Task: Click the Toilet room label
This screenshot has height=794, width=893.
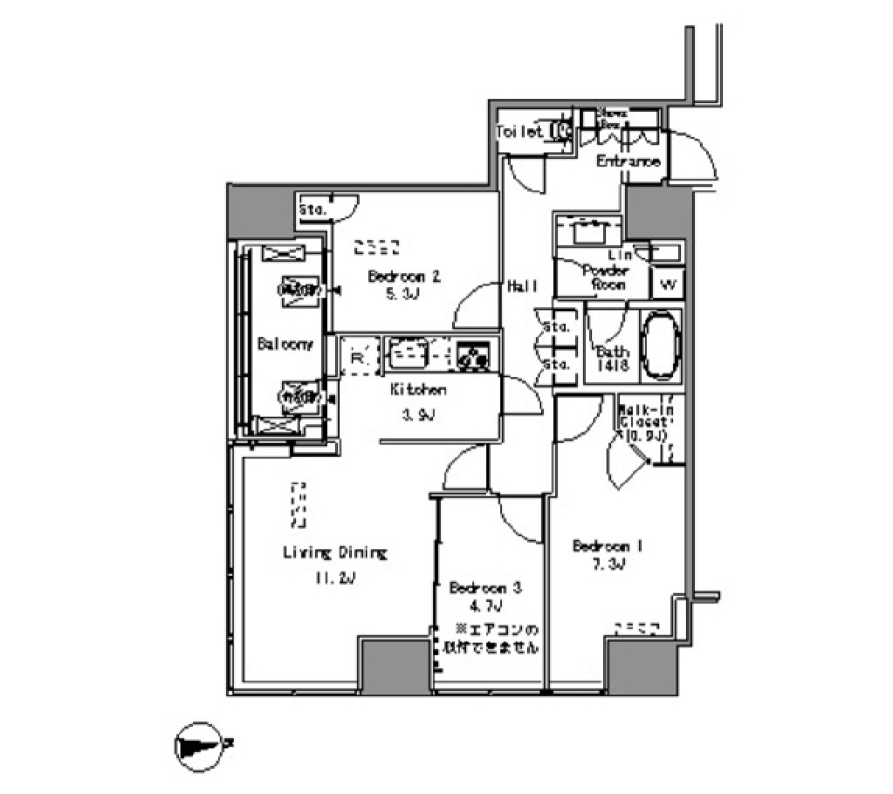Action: point(519,132)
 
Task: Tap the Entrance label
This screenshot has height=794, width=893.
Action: point(628,162)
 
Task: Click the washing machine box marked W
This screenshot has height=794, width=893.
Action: point(667,283)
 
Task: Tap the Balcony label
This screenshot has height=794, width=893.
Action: point(284,343)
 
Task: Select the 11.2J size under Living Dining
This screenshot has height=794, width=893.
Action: point(334,578)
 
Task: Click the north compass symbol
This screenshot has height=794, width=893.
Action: point(198,744)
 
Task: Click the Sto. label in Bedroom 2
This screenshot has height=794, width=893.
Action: point(312,211)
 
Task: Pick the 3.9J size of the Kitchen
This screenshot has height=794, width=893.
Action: point(417,415)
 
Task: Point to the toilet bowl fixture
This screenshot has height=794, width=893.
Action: point(562,131)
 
